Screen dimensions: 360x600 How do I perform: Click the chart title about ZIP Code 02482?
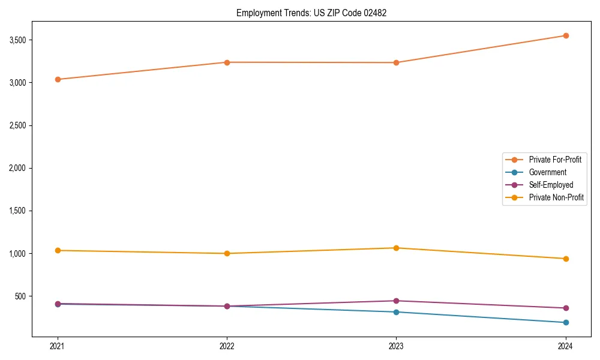[311, 13]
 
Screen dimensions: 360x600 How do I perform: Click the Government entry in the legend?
[547, 172]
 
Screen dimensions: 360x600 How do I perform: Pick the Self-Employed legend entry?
[551, 185]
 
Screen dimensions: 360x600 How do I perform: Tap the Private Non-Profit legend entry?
[556, 197]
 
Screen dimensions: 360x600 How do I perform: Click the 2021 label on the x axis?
[58, 346]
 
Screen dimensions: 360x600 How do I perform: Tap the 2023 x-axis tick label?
[396, 346]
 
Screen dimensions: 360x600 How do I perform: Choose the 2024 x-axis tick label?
[565, 346]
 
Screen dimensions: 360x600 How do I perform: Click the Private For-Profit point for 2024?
[566, 35]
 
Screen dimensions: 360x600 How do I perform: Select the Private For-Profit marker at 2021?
[58, 79]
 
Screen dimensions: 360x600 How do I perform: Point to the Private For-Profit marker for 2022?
[227, 62]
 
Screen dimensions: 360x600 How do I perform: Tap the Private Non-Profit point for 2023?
[396, 248]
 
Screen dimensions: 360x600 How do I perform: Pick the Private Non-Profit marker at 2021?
[58, 250]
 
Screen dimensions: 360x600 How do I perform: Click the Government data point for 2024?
[566, 323]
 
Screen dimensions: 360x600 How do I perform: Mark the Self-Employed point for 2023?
[396, 301]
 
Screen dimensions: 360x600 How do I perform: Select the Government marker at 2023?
[396, 312]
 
